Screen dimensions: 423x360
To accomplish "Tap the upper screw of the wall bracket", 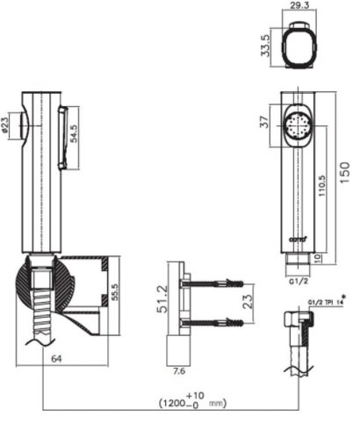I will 211,283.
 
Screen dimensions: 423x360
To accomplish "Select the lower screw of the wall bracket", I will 211,322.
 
